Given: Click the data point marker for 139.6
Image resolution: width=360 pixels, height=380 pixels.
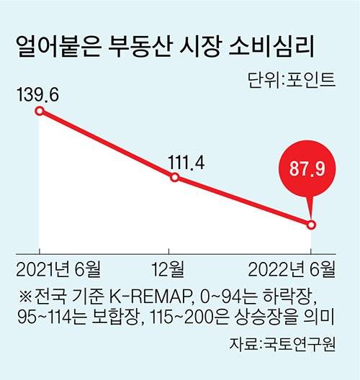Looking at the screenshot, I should [40, 112].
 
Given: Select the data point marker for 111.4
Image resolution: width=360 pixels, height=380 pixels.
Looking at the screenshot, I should [175, 177].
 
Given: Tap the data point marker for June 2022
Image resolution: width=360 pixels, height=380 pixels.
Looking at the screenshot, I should [311, 225].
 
